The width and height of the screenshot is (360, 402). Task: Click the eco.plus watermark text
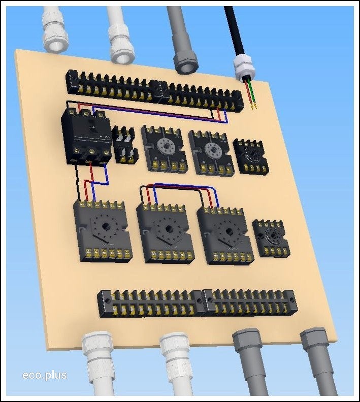coord(45,375)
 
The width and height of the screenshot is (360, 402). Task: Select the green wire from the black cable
coord(253,93)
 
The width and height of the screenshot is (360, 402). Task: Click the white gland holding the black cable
coord(243,68)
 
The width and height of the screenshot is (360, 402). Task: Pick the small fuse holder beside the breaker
coord(125,145)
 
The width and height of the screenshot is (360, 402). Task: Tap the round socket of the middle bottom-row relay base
coord(168,228)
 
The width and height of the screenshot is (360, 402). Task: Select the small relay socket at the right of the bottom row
coord(271,239)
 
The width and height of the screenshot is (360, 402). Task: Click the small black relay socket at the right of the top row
coord(250,156)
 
